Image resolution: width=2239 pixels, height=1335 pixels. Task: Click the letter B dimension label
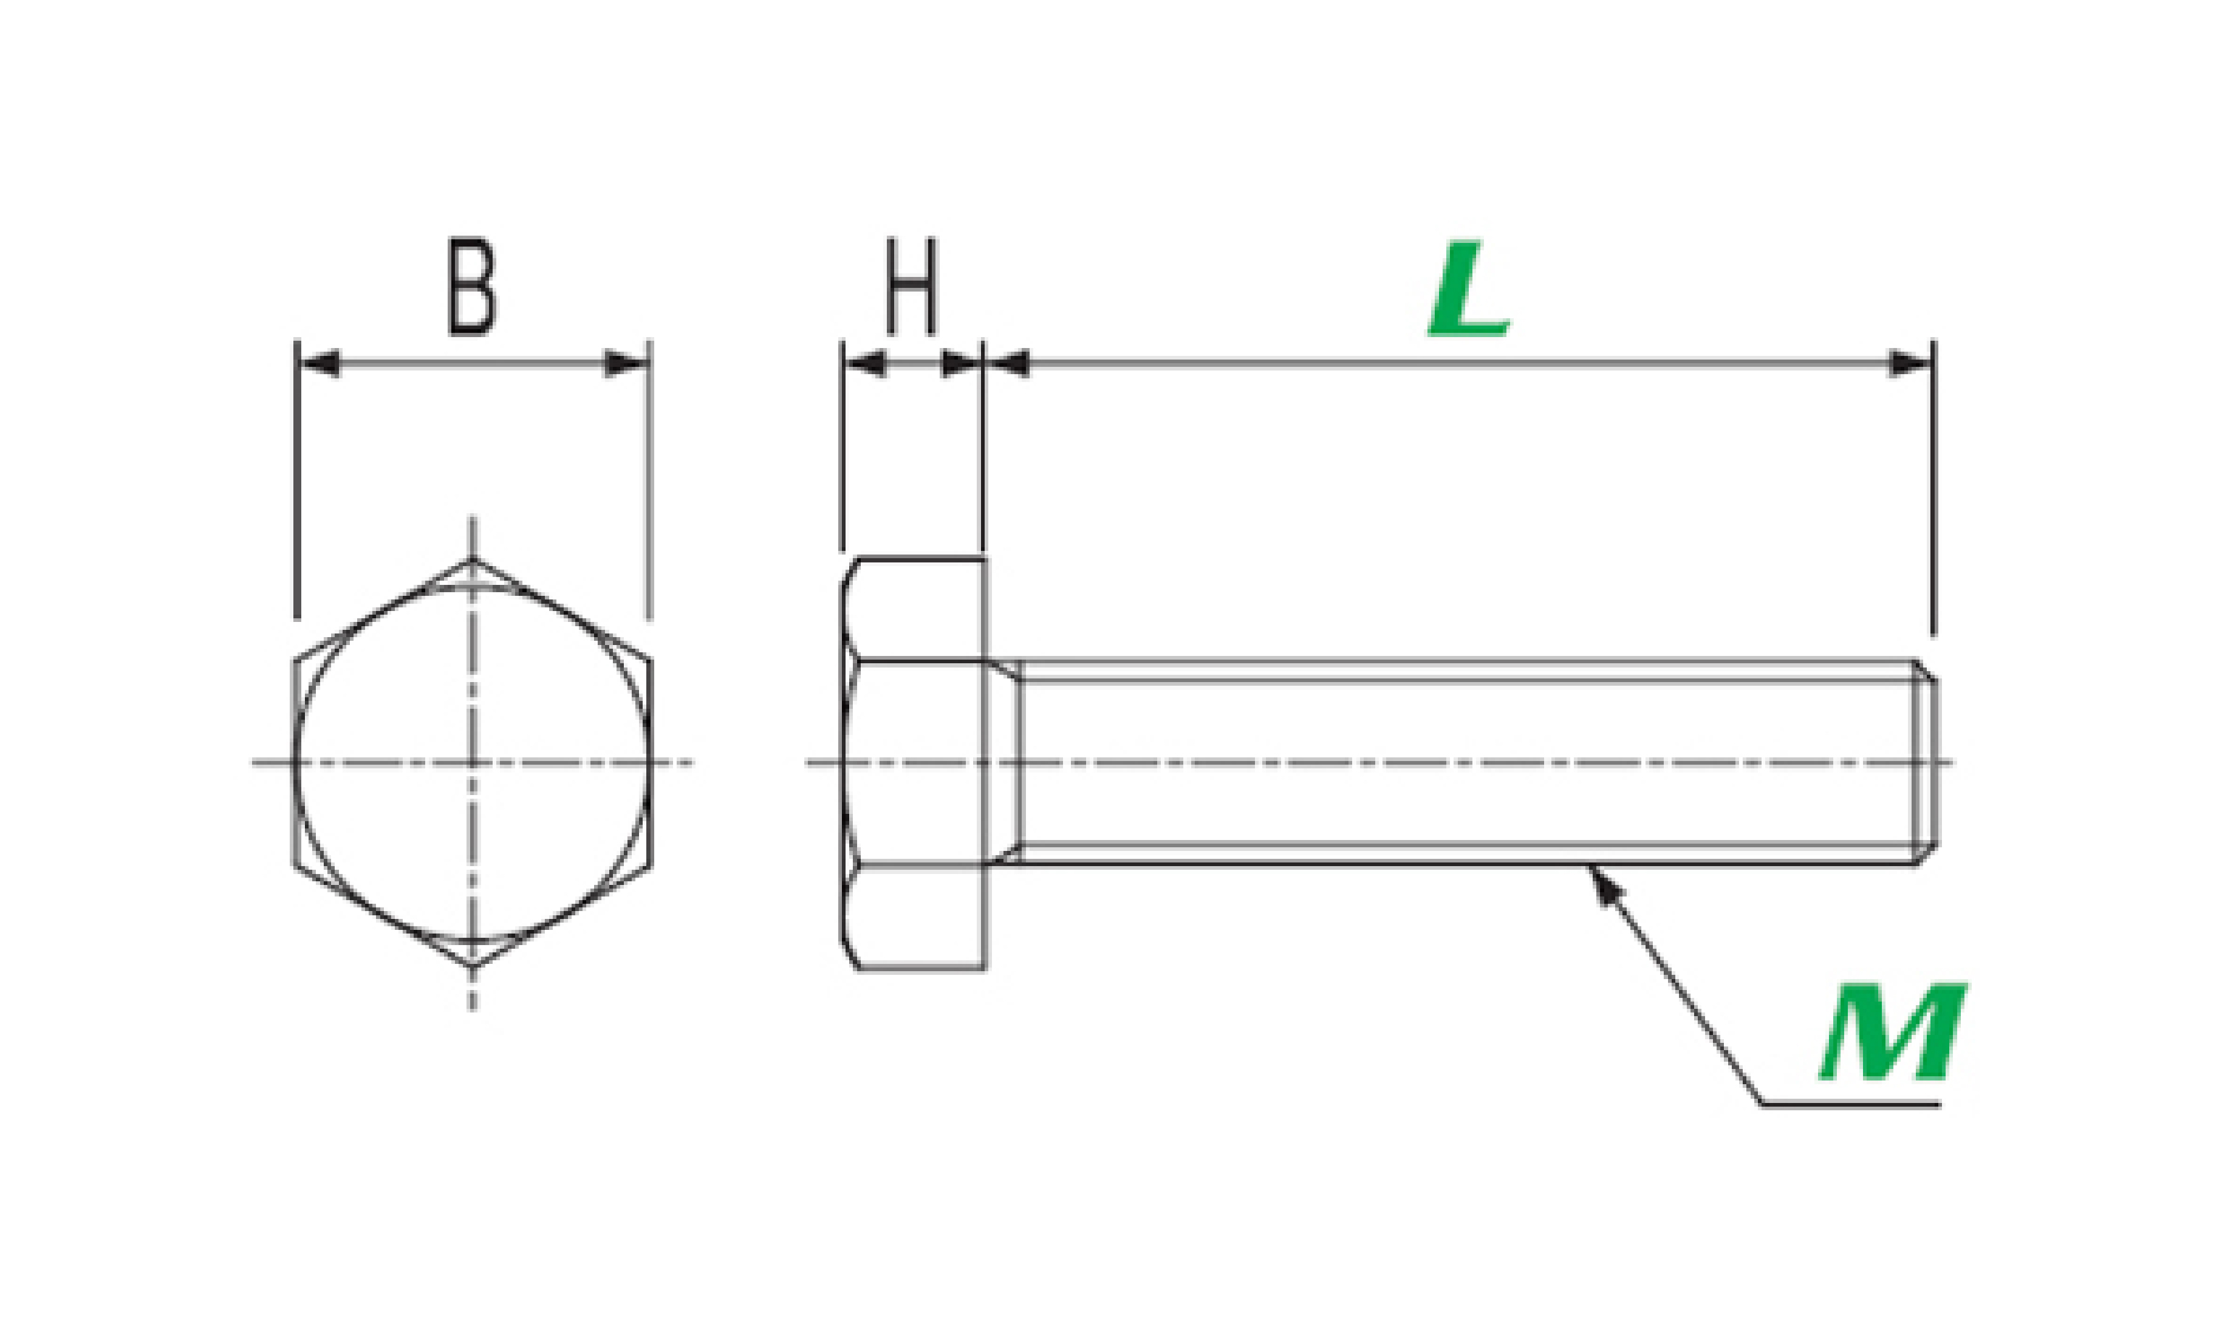pyautogui.click(x=472, y=287)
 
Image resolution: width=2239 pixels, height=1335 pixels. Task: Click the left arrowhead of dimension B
pyautogui.click(x=318, y=363)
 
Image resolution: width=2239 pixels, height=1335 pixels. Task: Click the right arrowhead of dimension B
pyautogui.click(x=626, y=363)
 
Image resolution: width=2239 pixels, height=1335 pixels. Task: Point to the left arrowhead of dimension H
pyautogui.click(x=864, y=363)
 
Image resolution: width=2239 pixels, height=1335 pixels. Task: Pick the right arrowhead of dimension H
pyautogui.click(x=961, y=363)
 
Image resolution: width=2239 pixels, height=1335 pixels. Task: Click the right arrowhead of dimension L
pyautogui.click(x=1910, y=363)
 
